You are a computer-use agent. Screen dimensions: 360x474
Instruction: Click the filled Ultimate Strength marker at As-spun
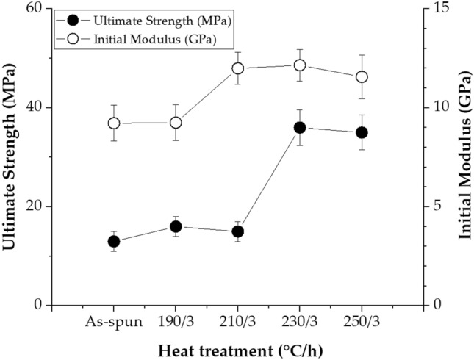pyautogui.click(x=114, y=241)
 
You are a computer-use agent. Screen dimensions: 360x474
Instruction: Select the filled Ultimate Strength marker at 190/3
pyautogui.click(x=176, y=226)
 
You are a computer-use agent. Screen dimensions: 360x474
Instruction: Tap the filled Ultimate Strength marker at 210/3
pyautogui.click(x=237, y=231)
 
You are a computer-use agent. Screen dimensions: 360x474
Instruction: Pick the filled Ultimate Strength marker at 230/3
pyautogui.click(x=300, y=128)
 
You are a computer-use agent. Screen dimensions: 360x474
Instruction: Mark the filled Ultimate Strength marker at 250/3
pyautogui.click(x=362, y=132)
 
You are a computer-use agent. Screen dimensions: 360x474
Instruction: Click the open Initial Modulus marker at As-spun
pyautogui.click(x=114, y=123)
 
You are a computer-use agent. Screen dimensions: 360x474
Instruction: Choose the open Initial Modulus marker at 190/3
pyautogui.click(x=176, y=123)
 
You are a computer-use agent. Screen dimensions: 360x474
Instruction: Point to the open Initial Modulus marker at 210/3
pyautogui.click(x=237, y=68)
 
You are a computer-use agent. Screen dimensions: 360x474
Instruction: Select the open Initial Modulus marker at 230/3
pyautogui.click(x=300, y=65)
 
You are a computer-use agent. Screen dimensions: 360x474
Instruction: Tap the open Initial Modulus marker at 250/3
pyautogui.click(x=362, y=77)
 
